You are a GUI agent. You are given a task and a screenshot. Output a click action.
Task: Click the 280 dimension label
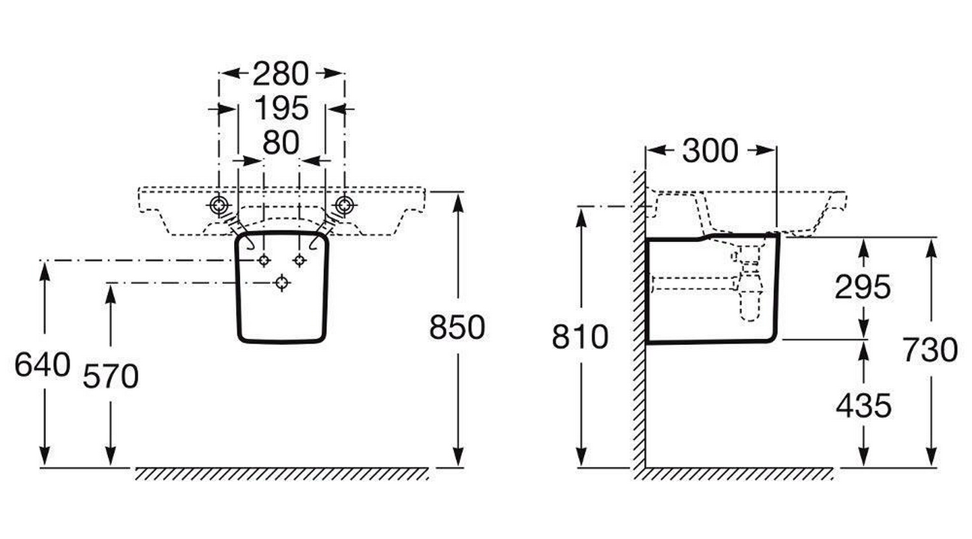[x=281, y=73]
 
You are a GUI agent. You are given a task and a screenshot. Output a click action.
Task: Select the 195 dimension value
[x=281, y=108]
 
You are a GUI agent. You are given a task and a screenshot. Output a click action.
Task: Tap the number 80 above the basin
[x=281, y=143]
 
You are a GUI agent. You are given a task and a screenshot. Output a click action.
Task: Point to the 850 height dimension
[x=457, y=327]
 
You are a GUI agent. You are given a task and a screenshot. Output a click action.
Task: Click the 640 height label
[x=42, y=365]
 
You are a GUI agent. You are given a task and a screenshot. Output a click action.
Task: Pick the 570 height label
[x=111, y=377]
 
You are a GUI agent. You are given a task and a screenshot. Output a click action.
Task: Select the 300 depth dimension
[x=710, y=151]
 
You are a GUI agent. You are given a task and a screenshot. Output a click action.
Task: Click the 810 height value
[x=580, y=337]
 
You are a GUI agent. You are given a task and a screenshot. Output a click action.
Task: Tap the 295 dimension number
[x=863, y=288]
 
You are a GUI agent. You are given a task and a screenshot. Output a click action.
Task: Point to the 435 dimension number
[x=863, y=406]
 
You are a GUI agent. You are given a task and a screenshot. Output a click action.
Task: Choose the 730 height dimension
[x=930, y=350]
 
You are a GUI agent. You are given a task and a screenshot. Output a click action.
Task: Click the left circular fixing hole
[x=219, y=205]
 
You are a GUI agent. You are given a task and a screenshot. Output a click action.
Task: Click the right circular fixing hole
[x=345, y=205]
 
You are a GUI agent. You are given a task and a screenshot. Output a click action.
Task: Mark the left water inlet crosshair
[x=264, y=261]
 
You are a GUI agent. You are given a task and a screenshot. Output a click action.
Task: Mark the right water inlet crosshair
[x=299, y=261]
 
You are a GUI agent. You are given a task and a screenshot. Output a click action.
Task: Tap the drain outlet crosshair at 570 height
[x=282, y=283]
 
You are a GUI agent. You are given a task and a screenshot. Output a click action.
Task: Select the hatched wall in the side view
[x=638, y=323]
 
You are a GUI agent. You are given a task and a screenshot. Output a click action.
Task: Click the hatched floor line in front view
[x=282, y=474]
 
